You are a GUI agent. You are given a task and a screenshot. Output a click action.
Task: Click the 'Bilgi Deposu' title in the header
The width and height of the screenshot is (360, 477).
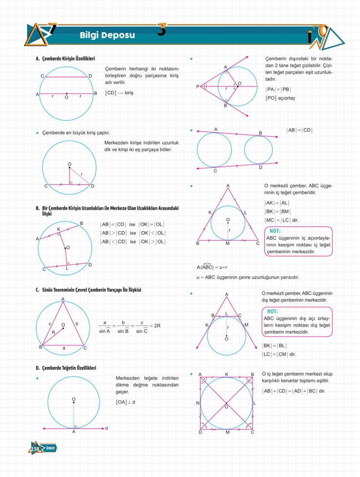107,36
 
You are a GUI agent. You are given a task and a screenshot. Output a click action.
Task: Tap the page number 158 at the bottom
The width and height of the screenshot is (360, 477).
36,449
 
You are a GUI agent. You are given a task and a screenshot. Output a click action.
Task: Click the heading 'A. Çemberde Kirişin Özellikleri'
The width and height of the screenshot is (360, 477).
65,58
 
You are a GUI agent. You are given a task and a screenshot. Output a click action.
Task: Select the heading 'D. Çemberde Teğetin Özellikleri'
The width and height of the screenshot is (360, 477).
66,367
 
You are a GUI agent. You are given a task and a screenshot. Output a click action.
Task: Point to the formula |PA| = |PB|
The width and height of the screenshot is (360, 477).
278,89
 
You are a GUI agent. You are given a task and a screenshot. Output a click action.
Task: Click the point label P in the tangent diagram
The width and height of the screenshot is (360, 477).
198,86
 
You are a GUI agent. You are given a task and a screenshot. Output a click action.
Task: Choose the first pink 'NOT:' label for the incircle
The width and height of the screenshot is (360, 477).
275,231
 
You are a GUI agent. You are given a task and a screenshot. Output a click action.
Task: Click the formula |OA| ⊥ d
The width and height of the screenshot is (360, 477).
126,402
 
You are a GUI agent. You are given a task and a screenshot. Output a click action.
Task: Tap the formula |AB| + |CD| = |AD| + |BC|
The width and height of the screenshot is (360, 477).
294,391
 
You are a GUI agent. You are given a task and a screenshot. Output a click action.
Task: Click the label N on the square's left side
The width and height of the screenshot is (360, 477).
198,403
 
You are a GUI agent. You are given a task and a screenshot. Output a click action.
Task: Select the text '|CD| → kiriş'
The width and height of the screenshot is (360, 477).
119,93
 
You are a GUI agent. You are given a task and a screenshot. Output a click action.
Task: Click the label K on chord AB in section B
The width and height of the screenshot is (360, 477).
58,229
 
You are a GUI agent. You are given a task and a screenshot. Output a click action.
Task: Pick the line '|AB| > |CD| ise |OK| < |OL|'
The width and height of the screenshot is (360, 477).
133,233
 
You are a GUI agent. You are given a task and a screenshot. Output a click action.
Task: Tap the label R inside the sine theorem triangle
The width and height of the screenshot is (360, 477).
53,332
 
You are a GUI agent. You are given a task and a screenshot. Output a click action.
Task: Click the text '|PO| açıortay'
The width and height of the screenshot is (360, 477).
280,98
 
